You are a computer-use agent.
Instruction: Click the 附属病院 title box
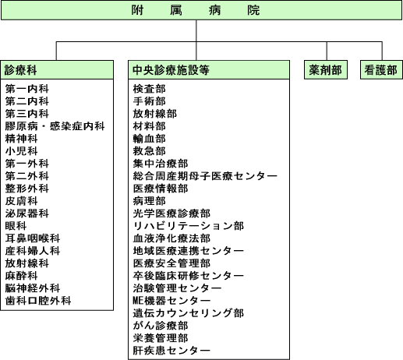(x=201, y=10)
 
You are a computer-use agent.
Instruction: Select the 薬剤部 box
(x=326, y=70)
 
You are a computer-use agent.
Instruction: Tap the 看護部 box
(x=381, y=70)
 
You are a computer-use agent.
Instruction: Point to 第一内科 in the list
(x=27, y=89)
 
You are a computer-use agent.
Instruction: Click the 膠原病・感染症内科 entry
(x=55, y=126)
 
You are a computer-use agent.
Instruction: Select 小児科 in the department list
(x=22, y=151)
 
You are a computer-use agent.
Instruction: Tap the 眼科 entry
(x=16, y=226)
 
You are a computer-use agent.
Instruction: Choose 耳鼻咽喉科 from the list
(x=33, y=238)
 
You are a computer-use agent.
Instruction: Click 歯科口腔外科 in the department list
(x=38, y=301)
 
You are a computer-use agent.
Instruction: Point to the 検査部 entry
(x=150, y=89)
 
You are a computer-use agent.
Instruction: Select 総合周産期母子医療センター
(x=205, y=176)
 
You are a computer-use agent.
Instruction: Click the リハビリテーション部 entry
(x=189, y=226)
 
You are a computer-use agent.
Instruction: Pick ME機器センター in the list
(x=171, y=301)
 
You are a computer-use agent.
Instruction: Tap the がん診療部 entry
(x=161, y=326)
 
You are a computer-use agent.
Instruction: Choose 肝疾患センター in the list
(x=171, y=351)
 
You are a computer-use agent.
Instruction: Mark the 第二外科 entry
(x=27, y=176)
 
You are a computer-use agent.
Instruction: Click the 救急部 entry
(x=150, y=151)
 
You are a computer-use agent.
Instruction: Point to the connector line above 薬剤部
(x=327, y=51)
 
